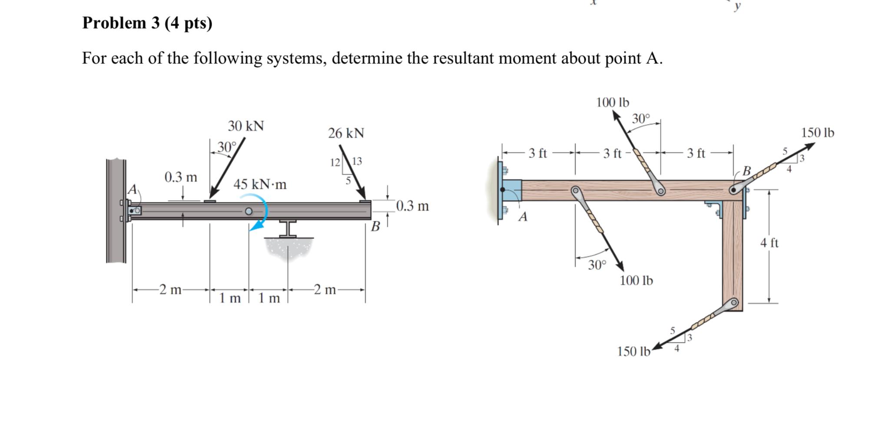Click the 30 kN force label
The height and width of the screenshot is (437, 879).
(x=246, y=126)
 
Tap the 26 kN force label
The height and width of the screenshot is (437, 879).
(x=346, y=133)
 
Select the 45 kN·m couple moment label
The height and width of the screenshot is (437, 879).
(x=260, y=184)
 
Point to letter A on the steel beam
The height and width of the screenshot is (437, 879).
(x=132, y=189)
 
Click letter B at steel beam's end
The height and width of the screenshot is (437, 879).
(x=375, y=226)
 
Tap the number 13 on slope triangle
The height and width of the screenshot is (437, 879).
(x=357, y=162)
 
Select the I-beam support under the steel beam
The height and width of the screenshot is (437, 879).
(x=288, y=228)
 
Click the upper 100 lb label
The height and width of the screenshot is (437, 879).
(x=612, y=103)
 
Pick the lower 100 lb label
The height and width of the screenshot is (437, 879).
(x=636, y=281)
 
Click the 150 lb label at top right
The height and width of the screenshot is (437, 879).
(x=817, y=133)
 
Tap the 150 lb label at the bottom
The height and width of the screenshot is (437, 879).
(x=634, y=351)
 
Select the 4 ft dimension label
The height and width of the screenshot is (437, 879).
(x=769, y=243)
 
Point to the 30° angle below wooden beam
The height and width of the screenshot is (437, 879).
(x=597, y=265)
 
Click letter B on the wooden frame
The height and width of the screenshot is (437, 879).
(x=746, y=171)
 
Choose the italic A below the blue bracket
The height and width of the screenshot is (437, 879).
(x=523, y=216)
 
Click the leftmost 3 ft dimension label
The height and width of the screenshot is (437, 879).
(x=537, y=153)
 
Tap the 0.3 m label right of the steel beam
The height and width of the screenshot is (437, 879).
(x=412, y=206)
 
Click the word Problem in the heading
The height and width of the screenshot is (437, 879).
(x=114, y=23)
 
